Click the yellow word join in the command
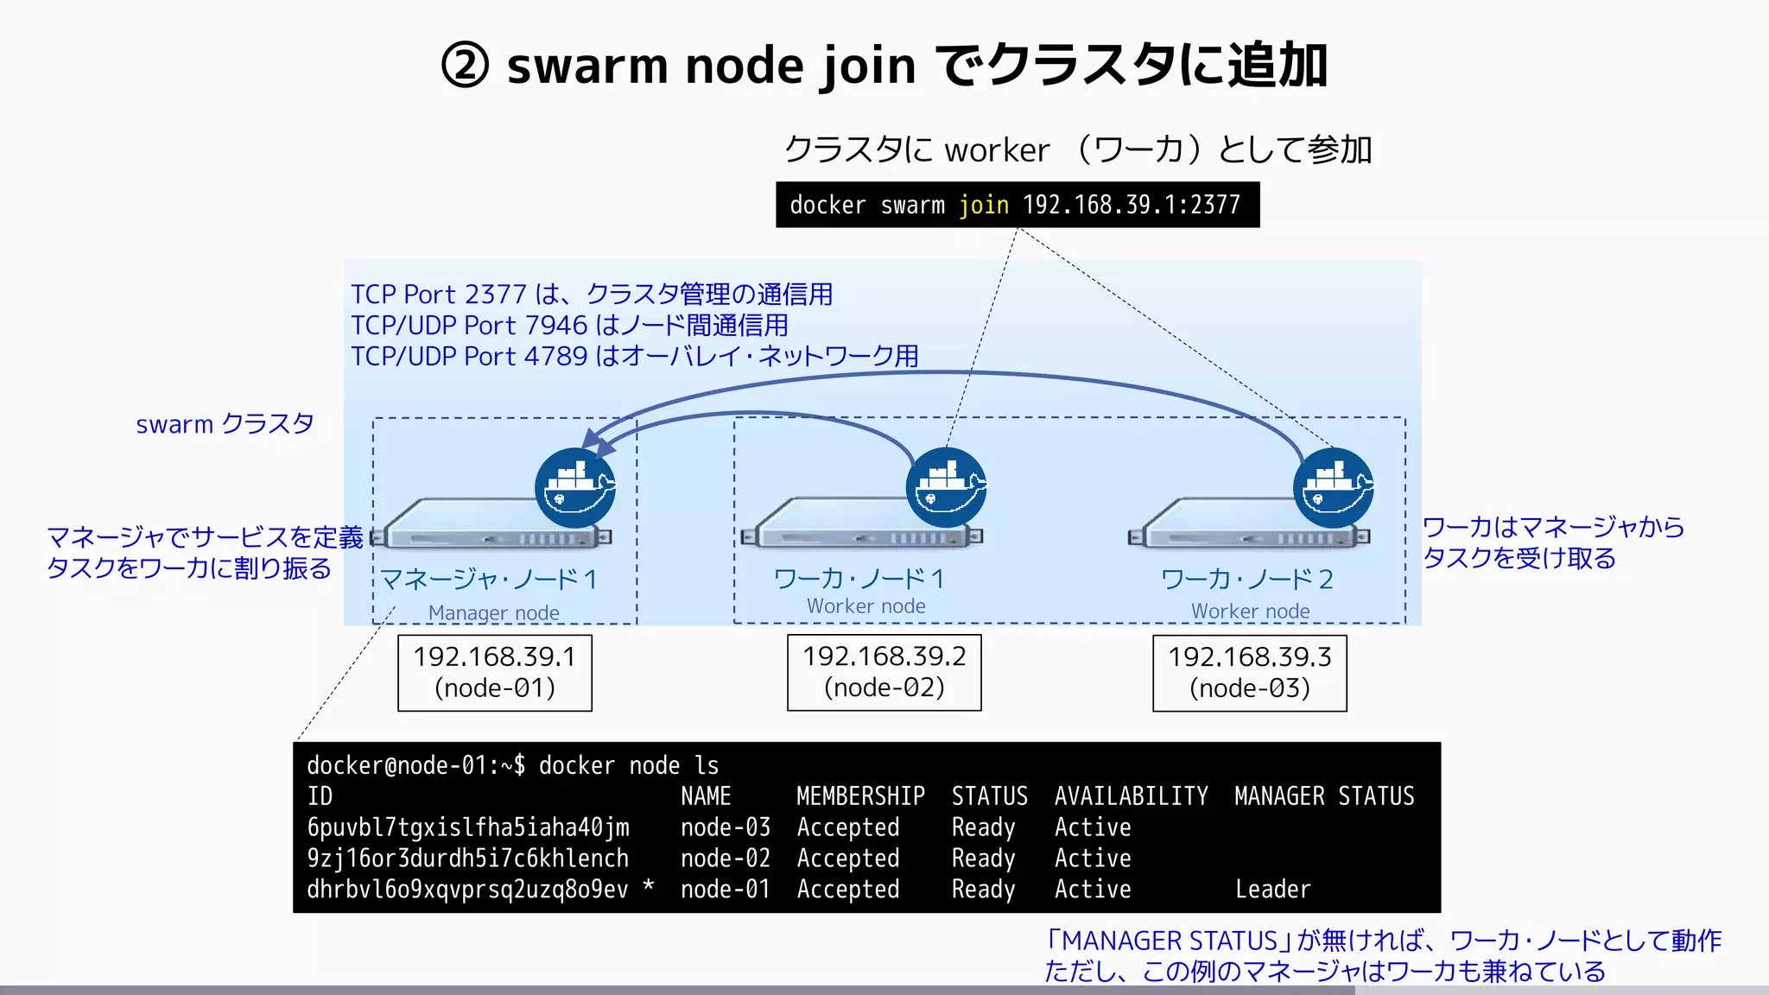click(984, 206)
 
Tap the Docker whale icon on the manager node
click(574, 488)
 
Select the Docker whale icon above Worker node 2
click(1333, 488)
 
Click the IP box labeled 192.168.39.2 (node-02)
click(884, 672)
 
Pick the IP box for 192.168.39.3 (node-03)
click(1249, 673)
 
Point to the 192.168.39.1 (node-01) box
click(494, 673)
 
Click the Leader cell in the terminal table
click(1272, 889)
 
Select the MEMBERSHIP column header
click(860, 795)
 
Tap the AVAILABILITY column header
click(1131, 795)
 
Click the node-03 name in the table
click(725, 827)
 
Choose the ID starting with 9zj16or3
click(467, 859)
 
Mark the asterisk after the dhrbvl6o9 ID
click(649, 886)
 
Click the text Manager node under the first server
click(493, 612)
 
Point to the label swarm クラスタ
click(225, 424)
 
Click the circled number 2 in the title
click(465, 66)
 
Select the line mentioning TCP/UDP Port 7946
click(569, 326)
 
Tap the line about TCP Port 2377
click(592, 295)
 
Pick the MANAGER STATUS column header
click(1323, 795)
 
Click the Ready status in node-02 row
click(983, 859)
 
